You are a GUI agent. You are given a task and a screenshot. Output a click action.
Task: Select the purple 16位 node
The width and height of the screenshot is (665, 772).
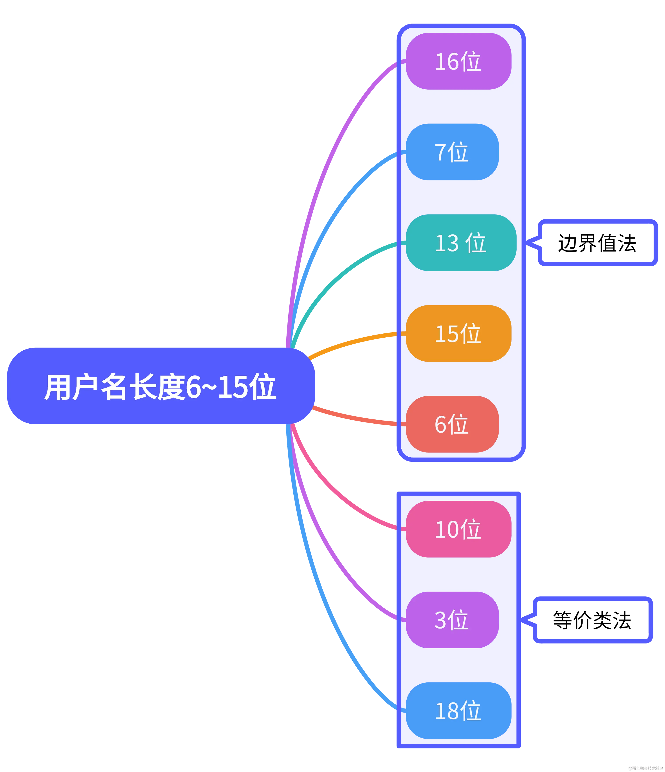[458, 61]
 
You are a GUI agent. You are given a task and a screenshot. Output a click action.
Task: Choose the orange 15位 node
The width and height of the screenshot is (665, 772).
[458, 333]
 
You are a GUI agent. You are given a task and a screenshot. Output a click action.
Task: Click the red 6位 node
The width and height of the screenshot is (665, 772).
[452, 424]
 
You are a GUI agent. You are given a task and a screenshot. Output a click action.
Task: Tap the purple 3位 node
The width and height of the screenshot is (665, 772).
[452, 620]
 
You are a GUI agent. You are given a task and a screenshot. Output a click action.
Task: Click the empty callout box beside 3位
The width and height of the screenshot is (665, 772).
[593, 620]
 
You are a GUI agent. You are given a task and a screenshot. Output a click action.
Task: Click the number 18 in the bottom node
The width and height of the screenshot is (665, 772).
[447, 711]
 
